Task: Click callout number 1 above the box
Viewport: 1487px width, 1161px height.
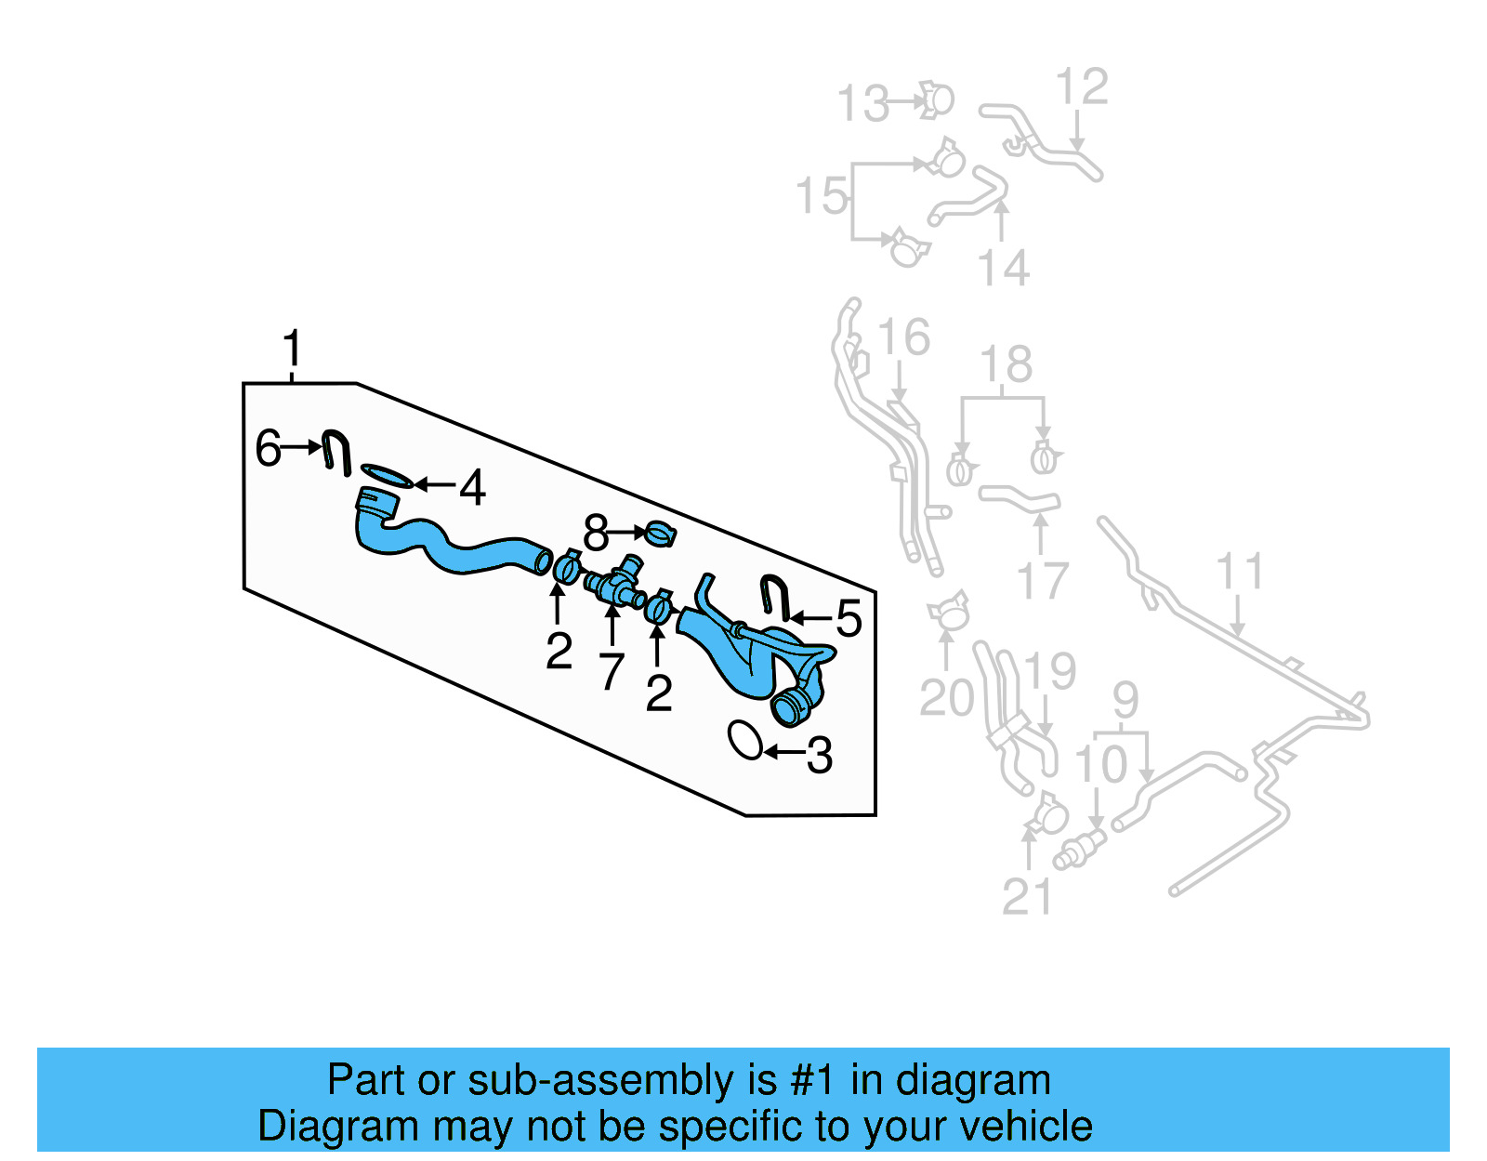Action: click(292, 349)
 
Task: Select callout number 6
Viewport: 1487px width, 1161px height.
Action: click(268, 448)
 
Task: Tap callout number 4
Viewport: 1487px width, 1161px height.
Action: click(472, 487)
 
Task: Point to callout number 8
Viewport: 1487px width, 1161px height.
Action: click(595, 534)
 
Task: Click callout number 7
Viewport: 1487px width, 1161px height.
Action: click(611, 670)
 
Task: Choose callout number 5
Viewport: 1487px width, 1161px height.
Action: click(849, 618)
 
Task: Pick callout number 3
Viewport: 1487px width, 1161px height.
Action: click(819, 755)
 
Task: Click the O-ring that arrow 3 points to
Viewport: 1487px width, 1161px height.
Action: click(745, 740)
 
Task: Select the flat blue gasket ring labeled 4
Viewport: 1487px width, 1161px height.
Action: click(385, 475)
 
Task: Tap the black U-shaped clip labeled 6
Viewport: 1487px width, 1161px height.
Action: click(336, 451)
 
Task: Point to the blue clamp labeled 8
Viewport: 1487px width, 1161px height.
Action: click(661, 534)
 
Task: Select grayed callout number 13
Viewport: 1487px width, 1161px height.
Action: click(863, 103)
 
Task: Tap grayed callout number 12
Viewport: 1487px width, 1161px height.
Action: click(1082, 86)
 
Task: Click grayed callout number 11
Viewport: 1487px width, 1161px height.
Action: click(1240, 572)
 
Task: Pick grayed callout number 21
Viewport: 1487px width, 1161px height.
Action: click(1027, 896)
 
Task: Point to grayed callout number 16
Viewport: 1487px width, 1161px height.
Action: click(903, 336)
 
